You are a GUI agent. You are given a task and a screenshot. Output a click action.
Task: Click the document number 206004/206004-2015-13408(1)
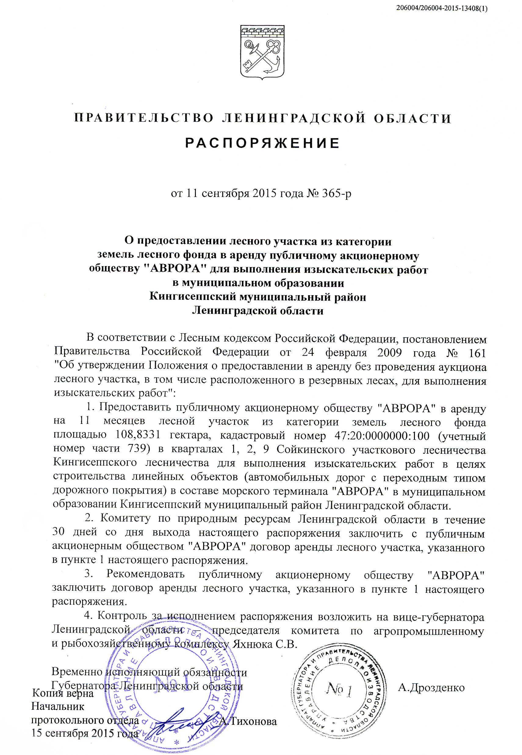pyautogui.click(x=441, y=9)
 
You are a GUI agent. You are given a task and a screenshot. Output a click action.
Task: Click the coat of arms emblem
pyautogui.click(x=262, y=52)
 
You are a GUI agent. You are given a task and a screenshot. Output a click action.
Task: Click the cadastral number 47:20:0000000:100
pyautogui.click(x=382, y=436)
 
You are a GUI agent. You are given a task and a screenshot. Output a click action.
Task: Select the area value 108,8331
pyautogui.click(x=138, y=435)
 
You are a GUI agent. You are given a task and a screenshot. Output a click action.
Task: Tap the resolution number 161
pyautogui.click(x=477, y=353)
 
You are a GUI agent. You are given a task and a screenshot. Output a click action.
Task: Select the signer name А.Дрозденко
pyautogui.click(x=431, y=687)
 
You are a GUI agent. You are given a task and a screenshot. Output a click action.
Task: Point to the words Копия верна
pyautogui.click(x=63, y=693)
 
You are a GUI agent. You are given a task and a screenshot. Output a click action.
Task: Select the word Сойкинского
pyautogui.click(x=310, y=449)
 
